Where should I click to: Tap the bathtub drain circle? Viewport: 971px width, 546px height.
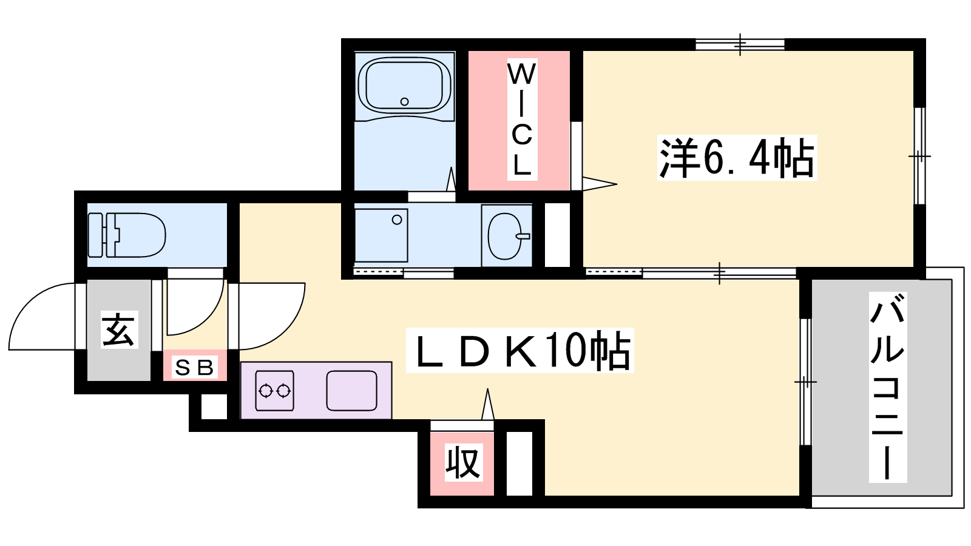pos(404,102)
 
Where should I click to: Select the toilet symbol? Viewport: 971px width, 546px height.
pos(127,235)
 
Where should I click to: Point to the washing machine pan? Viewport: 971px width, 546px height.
pos(381,235)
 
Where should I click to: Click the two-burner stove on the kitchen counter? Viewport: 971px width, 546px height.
pos(274,391)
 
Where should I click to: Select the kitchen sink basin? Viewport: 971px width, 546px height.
pos(351,391)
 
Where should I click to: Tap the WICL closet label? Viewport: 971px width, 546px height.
pos(522,119)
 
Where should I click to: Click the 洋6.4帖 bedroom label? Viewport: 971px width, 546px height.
pos(737,158)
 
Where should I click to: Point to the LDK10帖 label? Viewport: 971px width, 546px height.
pos(519,350)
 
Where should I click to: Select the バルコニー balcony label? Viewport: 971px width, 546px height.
pos(888,387)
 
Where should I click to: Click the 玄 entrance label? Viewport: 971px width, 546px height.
pos(120,330)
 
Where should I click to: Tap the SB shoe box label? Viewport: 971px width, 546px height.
pos(195,368)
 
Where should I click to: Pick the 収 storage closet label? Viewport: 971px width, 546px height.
pos(464,462)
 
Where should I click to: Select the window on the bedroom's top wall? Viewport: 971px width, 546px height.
pos(740,44)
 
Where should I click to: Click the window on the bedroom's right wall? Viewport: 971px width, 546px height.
pos(919,155)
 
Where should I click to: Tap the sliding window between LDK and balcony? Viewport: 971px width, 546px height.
pos(805,382)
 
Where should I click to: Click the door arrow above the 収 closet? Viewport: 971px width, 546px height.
pos(488,404)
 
